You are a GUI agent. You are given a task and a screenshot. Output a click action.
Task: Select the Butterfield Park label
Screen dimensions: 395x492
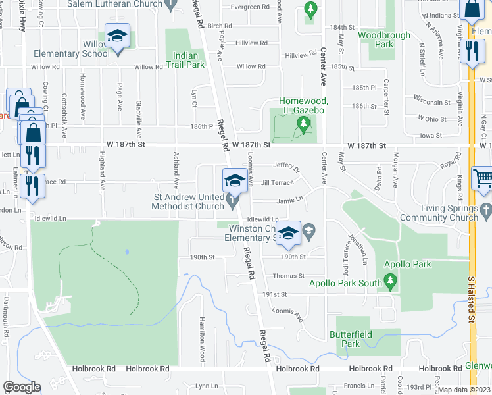click(351, 339)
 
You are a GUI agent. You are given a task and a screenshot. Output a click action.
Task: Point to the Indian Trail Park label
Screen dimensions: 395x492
click(186, 60)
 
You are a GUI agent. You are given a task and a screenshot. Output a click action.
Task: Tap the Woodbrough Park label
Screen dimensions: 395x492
click(384, 39)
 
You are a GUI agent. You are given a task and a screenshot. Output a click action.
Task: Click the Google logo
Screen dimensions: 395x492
click(22, 387)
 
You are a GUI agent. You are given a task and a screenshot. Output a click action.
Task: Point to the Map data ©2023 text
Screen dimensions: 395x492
click(464, 390)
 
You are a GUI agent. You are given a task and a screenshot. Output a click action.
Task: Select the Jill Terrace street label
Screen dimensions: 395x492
click(277, 183)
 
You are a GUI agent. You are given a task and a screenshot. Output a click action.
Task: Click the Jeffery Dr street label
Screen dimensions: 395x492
click(286, 169)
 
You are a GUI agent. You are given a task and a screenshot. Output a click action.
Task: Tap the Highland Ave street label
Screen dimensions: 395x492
click(103, 171)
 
